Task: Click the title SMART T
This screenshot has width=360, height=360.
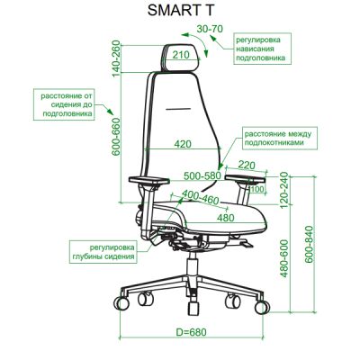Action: [x=181, y=10]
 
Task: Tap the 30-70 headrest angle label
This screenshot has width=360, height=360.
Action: [x=210, y=29]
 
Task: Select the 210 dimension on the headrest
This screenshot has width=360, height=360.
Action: [x=181, y=55]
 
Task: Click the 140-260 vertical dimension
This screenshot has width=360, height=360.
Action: [x=116, y=58]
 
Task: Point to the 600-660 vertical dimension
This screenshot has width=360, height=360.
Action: [x=116, y=137]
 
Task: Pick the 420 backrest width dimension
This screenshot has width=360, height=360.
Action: [x=183, y=144]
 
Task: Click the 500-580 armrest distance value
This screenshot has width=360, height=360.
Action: [x=202, y=175]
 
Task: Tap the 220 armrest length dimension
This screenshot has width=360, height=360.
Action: [x=247, y=165]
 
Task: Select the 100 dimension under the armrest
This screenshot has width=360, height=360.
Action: [x=256, y=189]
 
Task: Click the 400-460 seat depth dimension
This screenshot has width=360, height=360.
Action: [x=200, y=198]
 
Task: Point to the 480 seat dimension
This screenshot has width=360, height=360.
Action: [x=225, y=218]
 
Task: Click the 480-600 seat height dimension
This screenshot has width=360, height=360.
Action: [x=283, y=258]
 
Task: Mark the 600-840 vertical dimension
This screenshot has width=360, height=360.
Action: [x=309, y=245]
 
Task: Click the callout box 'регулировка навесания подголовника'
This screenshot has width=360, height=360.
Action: [x=263, y=49]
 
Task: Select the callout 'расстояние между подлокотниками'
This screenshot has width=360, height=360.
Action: [x=279, y=138]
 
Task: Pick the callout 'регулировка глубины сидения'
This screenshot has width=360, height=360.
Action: [x=103, y=252]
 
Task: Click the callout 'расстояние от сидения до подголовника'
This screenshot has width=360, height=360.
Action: [x=64, y=104]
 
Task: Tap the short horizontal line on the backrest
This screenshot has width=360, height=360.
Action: [x=178, y=109]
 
